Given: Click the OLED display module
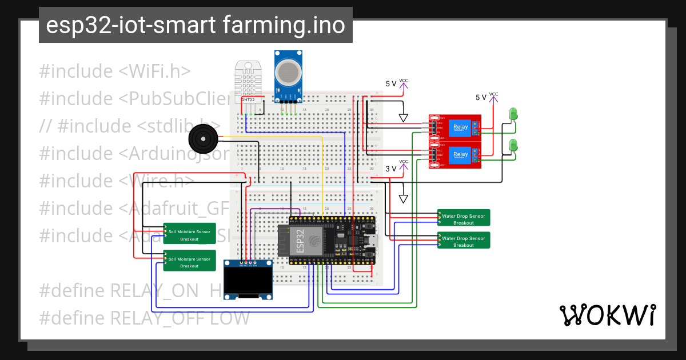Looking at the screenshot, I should pos(248,279).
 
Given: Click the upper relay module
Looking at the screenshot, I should pos(454,127).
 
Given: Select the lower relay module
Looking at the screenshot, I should pos(454,154).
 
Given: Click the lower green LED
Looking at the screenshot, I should pos(513,145).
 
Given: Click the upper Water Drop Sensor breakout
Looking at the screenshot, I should pos(464,219).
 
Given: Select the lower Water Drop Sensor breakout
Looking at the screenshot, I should pos(464,241).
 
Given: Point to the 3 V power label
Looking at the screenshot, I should pos(390,169).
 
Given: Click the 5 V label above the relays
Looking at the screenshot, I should pos(390,83).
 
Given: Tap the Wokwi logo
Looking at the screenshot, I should pos(607,315).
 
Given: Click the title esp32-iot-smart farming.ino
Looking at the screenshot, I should pos(196,25).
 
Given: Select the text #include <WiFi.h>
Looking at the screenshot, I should pos(114,71).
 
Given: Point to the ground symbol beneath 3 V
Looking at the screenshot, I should pos(404,199).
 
